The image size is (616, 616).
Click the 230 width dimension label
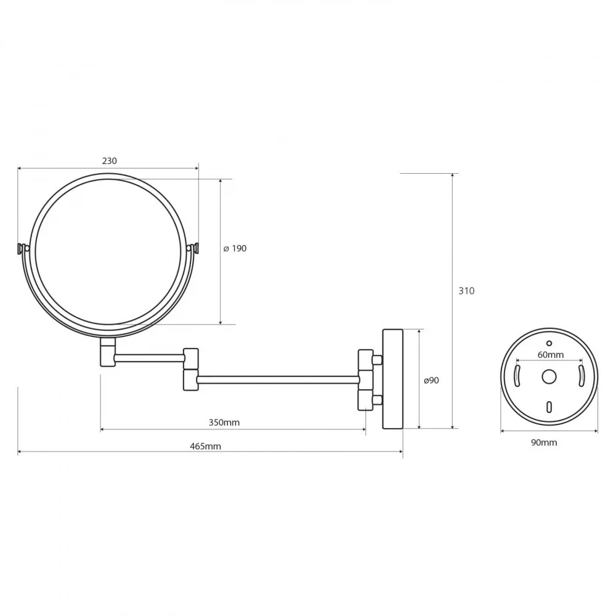[110, 161]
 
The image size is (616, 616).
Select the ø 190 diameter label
[235, 248]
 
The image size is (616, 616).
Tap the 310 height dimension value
[466, 291]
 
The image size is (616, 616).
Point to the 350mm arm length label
[224, 423]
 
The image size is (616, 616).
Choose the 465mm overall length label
[206, 446]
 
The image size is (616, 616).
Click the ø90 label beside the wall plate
[431, 380]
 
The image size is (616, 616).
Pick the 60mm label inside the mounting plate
[550, 354]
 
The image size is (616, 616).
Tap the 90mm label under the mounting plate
[544, 442]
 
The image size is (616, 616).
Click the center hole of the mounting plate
[549, 377]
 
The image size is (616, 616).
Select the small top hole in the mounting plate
[549, 343]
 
